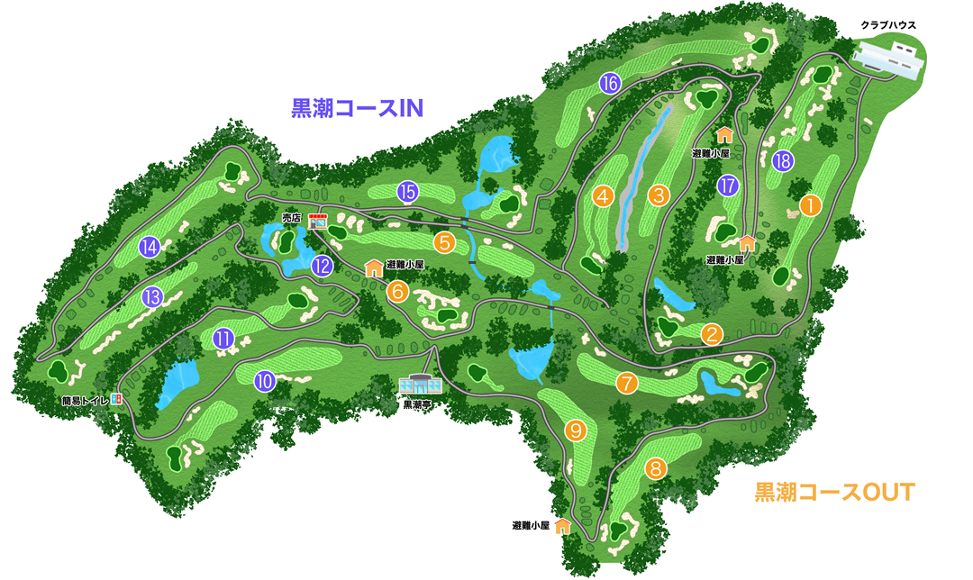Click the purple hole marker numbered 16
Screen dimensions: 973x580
(x=610, y=85)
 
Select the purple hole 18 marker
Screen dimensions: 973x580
(x=783, y=161)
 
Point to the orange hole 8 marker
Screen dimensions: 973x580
(x=657, y=468)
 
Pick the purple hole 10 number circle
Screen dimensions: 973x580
(x=264, y=381)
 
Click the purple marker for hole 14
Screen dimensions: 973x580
(x=150, y=247)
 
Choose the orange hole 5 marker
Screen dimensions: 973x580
(x=443, y=241)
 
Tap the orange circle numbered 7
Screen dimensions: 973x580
(x=627, y=383)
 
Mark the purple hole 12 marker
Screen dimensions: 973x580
(x=323, y=266)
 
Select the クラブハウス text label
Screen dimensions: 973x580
(x=887, y=25)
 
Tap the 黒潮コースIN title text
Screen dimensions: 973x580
(x=357, y=108)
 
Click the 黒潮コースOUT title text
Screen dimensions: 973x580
(x=834, y=492)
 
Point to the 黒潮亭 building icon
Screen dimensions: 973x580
(x=422, y=385)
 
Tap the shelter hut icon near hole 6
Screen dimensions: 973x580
(x=374, y=267)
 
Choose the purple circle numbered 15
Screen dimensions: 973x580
(x=407, y=191)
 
